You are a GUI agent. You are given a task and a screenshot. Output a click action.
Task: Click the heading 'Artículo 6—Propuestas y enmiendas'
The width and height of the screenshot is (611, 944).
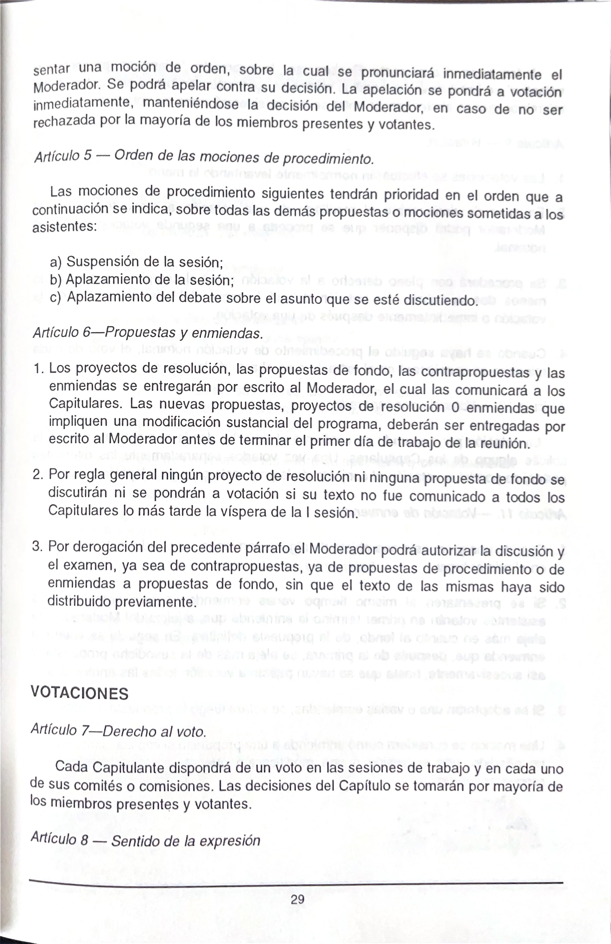[x=148, y=332]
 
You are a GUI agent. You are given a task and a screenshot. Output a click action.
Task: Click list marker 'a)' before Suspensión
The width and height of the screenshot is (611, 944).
[x=55, y=262]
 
